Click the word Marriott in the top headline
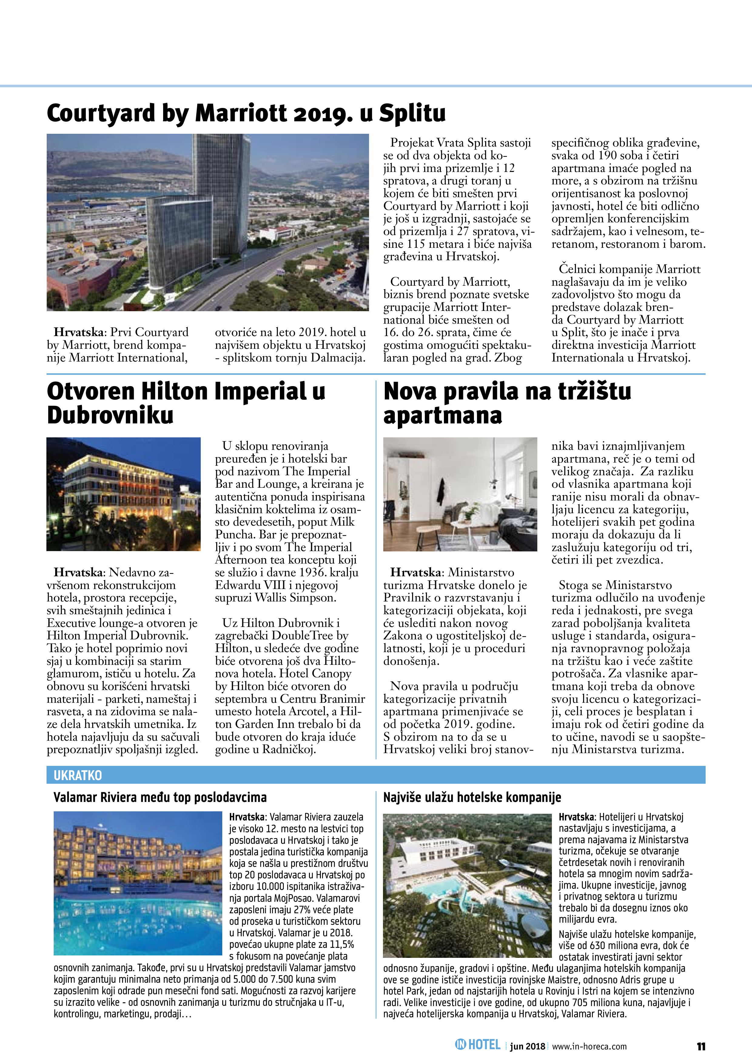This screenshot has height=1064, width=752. coord(239,113)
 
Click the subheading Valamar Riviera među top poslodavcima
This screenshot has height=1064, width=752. coord(160,797)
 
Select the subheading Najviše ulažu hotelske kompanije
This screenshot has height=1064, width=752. coord(472,797)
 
